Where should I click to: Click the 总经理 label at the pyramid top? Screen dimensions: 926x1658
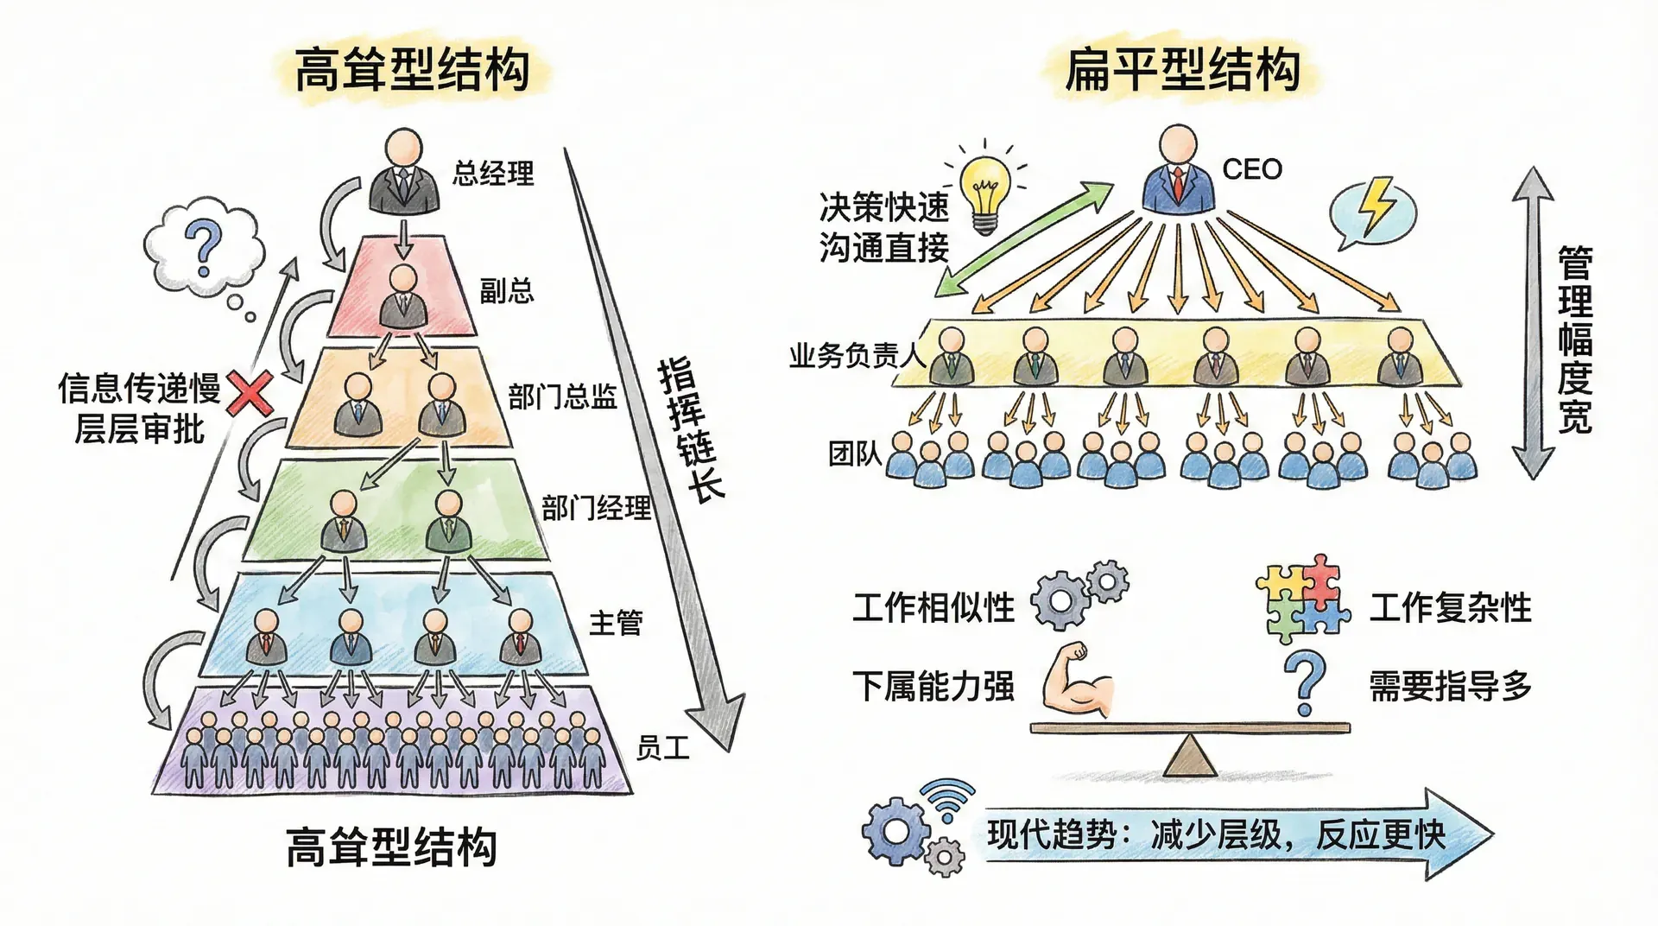coord(493,174)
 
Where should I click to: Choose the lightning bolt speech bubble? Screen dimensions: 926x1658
coord(1372,211)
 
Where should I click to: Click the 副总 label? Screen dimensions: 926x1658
coord(506,291)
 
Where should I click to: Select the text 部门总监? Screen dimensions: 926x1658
coord(562,397)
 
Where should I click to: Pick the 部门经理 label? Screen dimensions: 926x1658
coord(596,508)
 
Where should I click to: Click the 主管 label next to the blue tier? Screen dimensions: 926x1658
coord(616,623)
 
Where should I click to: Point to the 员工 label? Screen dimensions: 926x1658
coord(662,748)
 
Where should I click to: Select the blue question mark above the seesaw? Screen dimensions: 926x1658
coord(1304,683)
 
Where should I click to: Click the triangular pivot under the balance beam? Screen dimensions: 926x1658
coord(1191,756)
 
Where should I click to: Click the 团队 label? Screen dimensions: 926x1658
coord(854,453)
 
